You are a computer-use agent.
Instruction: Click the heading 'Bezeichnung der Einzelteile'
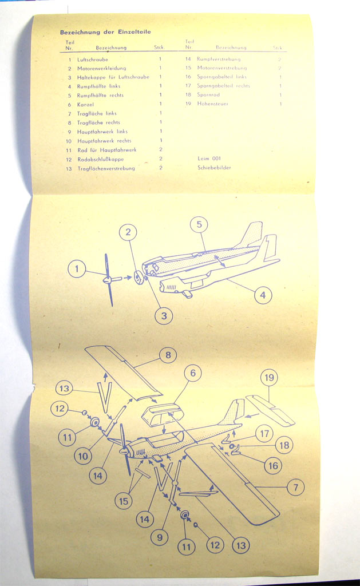click(105, 32)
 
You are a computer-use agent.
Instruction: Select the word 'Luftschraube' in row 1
click(93, 60)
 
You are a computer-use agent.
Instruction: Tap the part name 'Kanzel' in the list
click(85, 104)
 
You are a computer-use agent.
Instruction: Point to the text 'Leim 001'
click(209, 159)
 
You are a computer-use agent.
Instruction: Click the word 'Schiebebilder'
click(214, 168)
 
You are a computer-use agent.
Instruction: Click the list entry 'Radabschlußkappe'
click(100, 159)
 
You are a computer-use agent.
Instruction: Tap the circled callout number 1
click(76, 268)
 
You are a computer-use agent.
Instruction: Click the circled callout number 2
click(128, 232)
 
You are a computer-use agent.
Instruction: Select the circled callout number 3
click(164, 315)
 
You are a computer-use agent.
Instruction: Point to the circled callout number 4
click(263, 295)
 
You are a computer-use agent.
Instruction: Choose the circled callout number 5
click(199, 225)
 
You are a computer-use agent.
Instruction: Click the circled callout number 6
click(192, 374)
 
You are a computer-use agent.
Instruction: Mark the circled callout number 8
click(168, 355)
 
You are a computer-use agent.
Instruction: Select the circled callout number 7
click(295, 488)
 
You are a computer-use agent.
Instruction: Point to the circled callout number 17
click(264, 434)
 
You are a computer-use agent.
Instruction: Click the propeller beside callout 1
click(108, 280)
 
